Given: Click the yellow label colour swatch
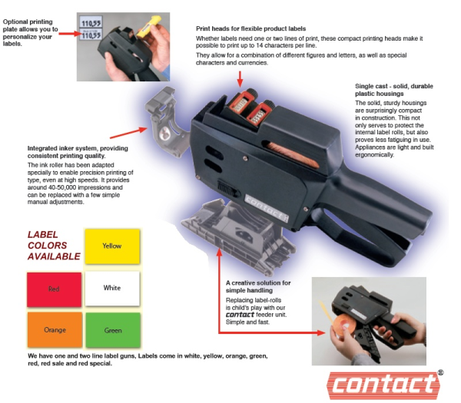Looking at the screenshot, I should click(112, 246).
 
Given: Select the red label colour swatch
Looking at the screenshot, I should click(53, 289).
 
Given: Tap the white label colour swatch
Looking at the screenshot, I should click(112, 289).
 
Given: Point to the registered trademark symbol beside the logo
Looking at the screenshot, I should click(439, 372).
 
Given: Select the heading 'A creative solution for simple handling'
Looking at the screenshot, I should click(258, 287).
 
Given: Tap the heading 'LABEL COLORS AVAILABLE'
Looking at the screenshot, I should click(54, 245).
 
